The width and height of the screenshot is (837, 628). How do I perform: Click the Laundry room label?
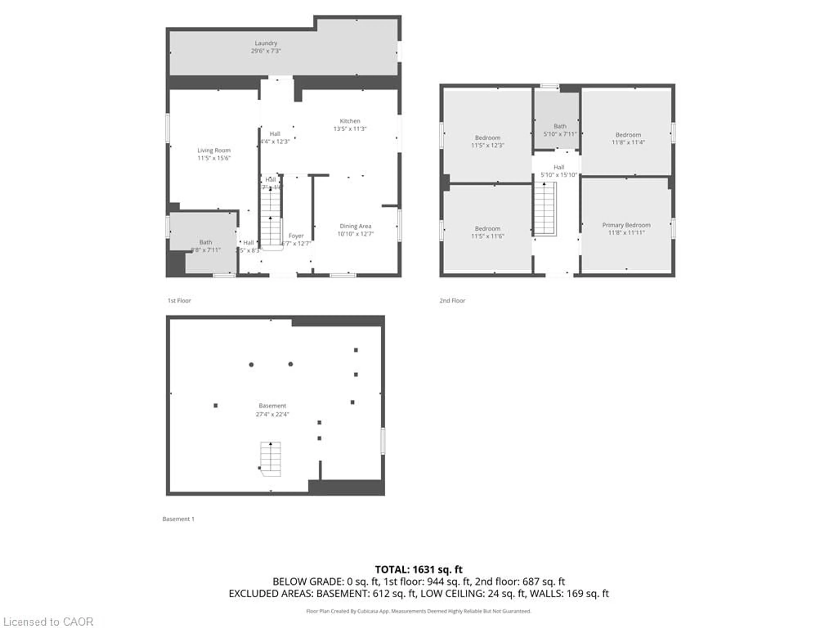click(x=266, y=43)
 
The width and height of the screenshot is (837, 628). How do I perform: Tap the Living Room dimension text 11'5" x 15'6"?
click(x=214, y=158)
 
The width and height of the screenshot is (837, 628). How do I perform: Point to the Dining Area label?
click(x=355, y=226)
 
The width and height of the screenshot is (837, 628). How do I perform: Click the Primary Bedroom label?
click(x=626, y=225)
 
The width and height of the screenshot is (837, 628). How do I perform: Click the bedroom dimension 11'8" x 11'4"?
click(x=628, y=142)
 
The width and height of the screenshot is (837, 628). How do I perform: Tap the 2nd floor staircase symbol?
click(x=544, y=208)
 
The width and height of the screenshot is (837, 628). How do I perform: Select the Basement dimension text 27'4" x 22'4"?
click(x=272, y=414)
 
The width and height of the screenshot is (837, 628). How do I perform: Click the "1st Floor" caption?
click(x=179, y=300)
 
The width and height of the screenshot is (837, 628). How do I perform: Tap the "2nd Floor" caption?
click(x=452, y=300)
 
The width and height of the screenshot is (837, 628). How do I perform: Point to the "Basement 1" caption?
click(x=178, y=519)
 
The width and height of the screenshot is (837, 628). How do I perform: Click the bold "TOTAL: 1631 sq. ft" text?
click(x=418, y=569)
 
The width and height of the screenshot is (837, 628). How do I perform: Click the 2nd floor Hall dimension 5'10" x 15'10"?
click(x=559, y=175)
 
